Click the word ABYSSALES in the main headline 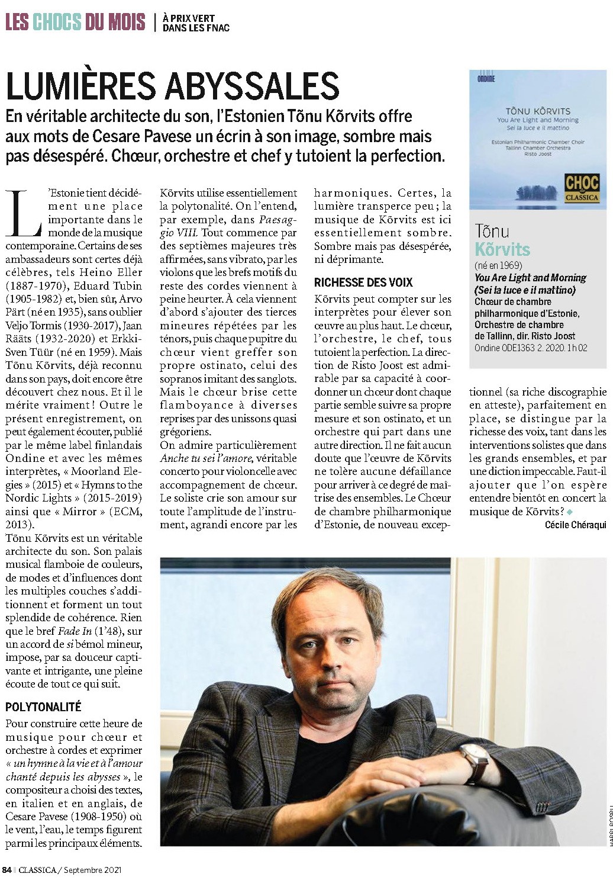(x=251, y=86)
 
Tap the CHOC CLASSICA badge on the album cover (x=582, y=187)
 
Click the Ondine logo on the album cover (x=486, y=76)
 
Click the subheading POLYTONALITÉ (x=43, y=707)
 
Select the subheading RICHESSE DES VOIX (x=363, y=282)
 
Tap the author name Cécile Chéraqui (x=576, y=525)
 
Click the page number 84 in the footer (x=7, y=870)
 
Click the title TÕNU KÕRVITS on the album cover (x=537, y=111)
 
